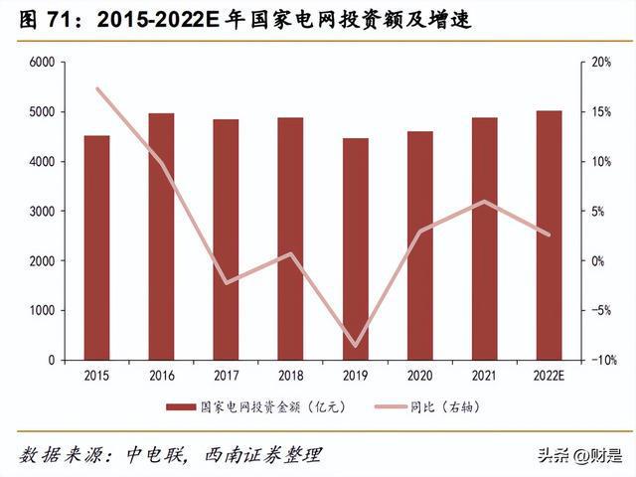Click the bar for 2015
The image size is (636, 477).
point(96,247)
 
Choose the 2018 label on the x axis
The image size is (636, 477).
point(290,376)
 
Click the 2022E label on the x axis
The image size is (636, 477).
point(549,376)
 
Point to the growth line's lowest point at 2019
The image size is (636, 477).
point(355,347)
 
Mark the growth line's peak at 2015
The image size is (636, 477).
point(96,88)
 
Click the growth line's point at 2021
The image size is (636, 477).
point(484,202)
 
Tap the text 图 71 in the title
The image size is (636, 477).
point(40,20)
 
